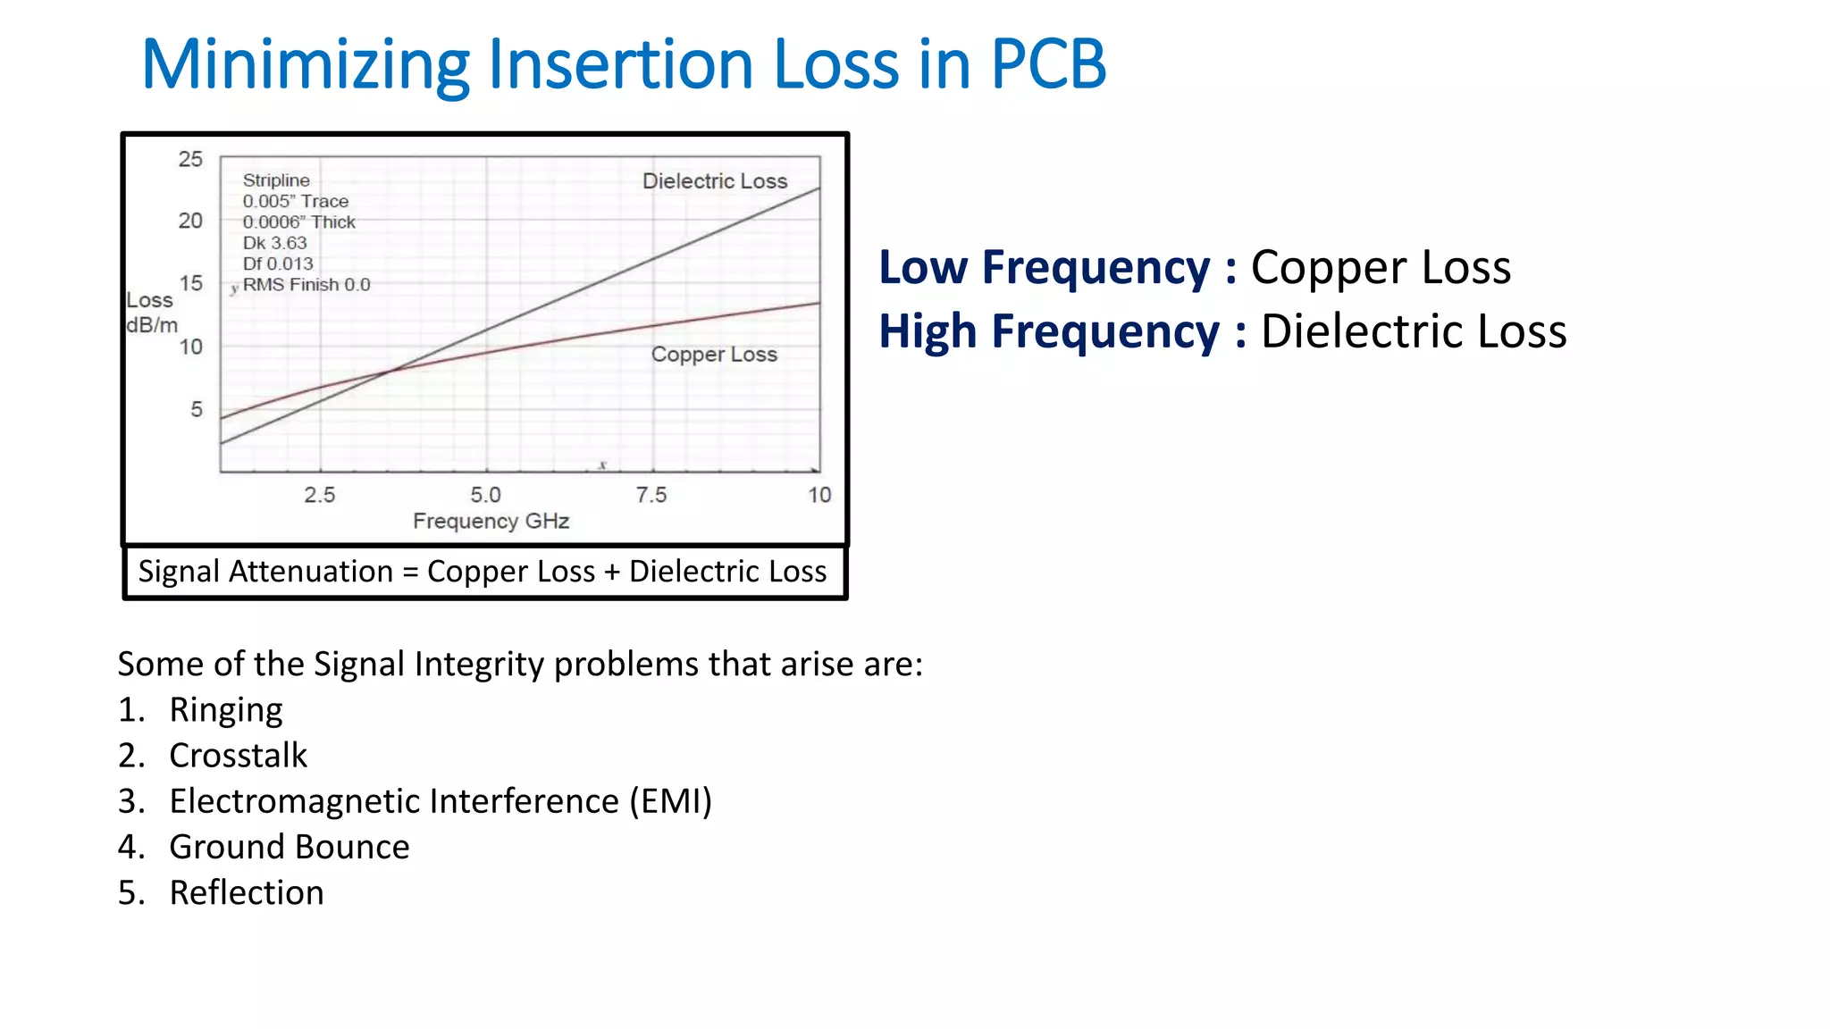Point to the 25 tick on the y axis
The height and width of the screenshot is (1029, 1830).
pyautogui.click(x=190, y=159)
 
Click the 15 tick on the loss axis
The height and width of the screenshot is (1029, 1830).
pyautogui.click(x=190, y=283)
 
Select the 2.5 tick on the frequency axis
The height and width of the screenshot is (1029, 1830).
pyautogui.click(x=319, y=495)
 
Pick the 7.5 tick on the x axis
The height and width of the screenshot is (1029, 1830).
pyautogui.click(x=651, y=495)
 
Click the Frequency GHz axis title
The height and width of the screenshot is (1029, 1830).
pyautogui.click(x=491, y=521)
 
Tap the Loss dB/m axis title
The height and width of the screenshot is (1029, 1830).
pyautogui.click(x=151, y=313)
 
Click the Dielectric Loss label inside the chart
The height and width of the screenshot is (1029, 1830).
pyautogui.click(x=715, y=181)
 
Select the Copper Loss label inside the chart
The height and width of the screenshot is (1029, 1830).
pyautogui.click(x=714, y=355)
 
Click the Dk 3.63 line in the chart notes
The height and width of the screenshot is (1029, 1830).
pyautogui.click(x=274, y=243)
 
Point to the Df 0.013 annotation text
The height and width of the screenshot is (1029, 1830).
pyautogui.click(x=278, y=264)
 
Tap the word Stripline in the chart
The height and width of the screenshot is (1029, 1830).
pyautogui.click(x=276, y=180)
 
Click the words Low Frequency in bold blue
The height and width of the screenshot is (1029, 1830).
pyautogui.click(x=1044, y=267)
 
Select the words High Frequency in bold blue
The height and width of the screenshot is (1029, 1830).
pyautogui.click(x=1048, y=331)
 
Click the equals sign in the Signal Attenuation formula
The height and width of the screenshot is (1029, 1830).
pyautogui.click(x=410, y=572)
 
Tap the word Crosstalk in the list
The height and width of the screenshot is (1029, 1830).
pyautogui.click(x=238, y=756)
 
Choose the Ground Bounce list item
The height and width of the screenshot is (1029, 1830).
pyautogui.click(x=289, y=847)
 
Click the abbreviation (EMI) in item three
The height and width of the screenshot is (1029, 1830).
pyautogui.click(x=670, y=801)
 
